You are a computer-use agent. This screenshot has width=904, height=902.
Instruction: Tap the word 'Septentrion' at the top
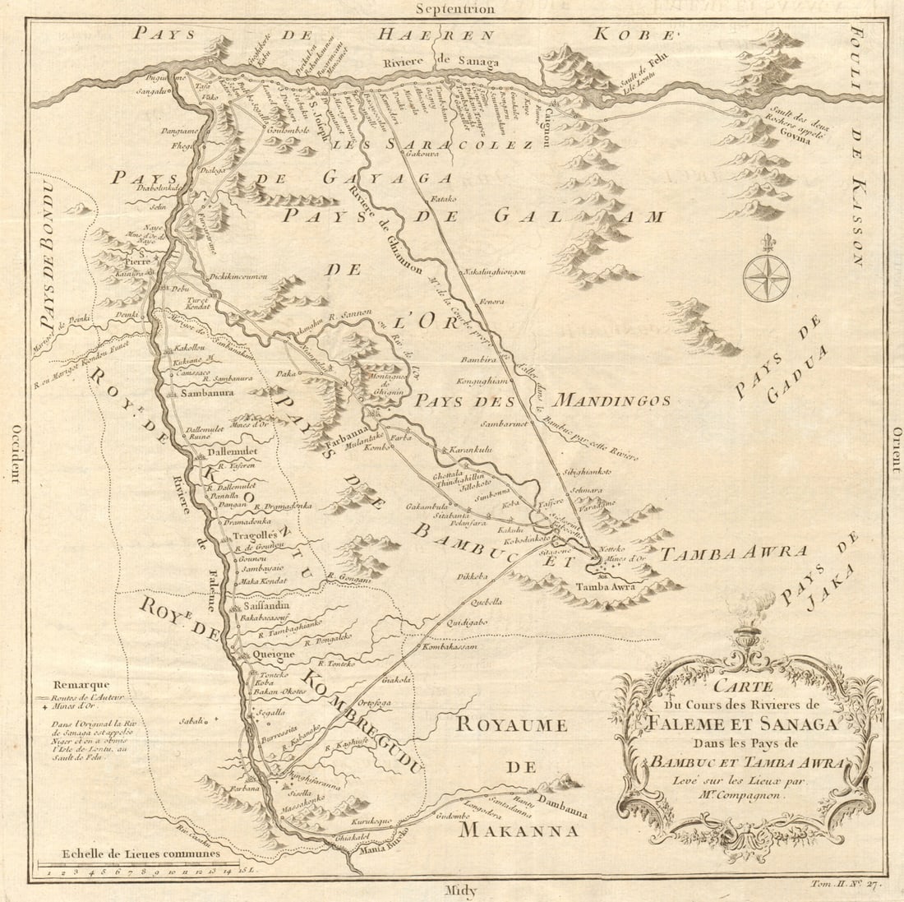pos(454,9)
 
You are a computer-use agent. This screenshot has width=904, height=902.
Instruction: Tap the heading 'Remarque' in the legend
pos(79,684)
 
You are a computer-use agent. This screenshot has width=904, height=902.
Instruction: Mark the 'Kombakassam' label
pos(451,647)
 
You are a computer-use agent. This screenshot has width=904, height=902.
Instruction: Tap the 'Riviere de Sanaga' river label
pos(440,61)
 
